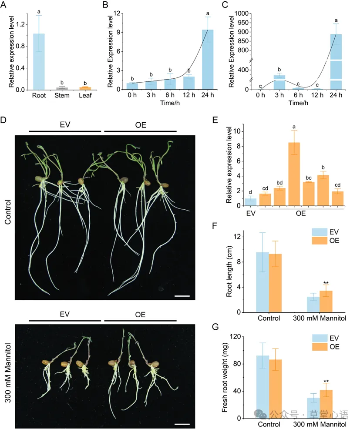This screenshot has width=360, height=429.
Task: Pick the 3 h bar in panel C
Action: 279,82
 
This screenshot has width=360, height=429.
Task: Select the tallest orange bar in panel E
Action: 294,174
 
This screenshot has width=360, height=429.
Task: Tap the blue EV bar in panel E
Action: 250,202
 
